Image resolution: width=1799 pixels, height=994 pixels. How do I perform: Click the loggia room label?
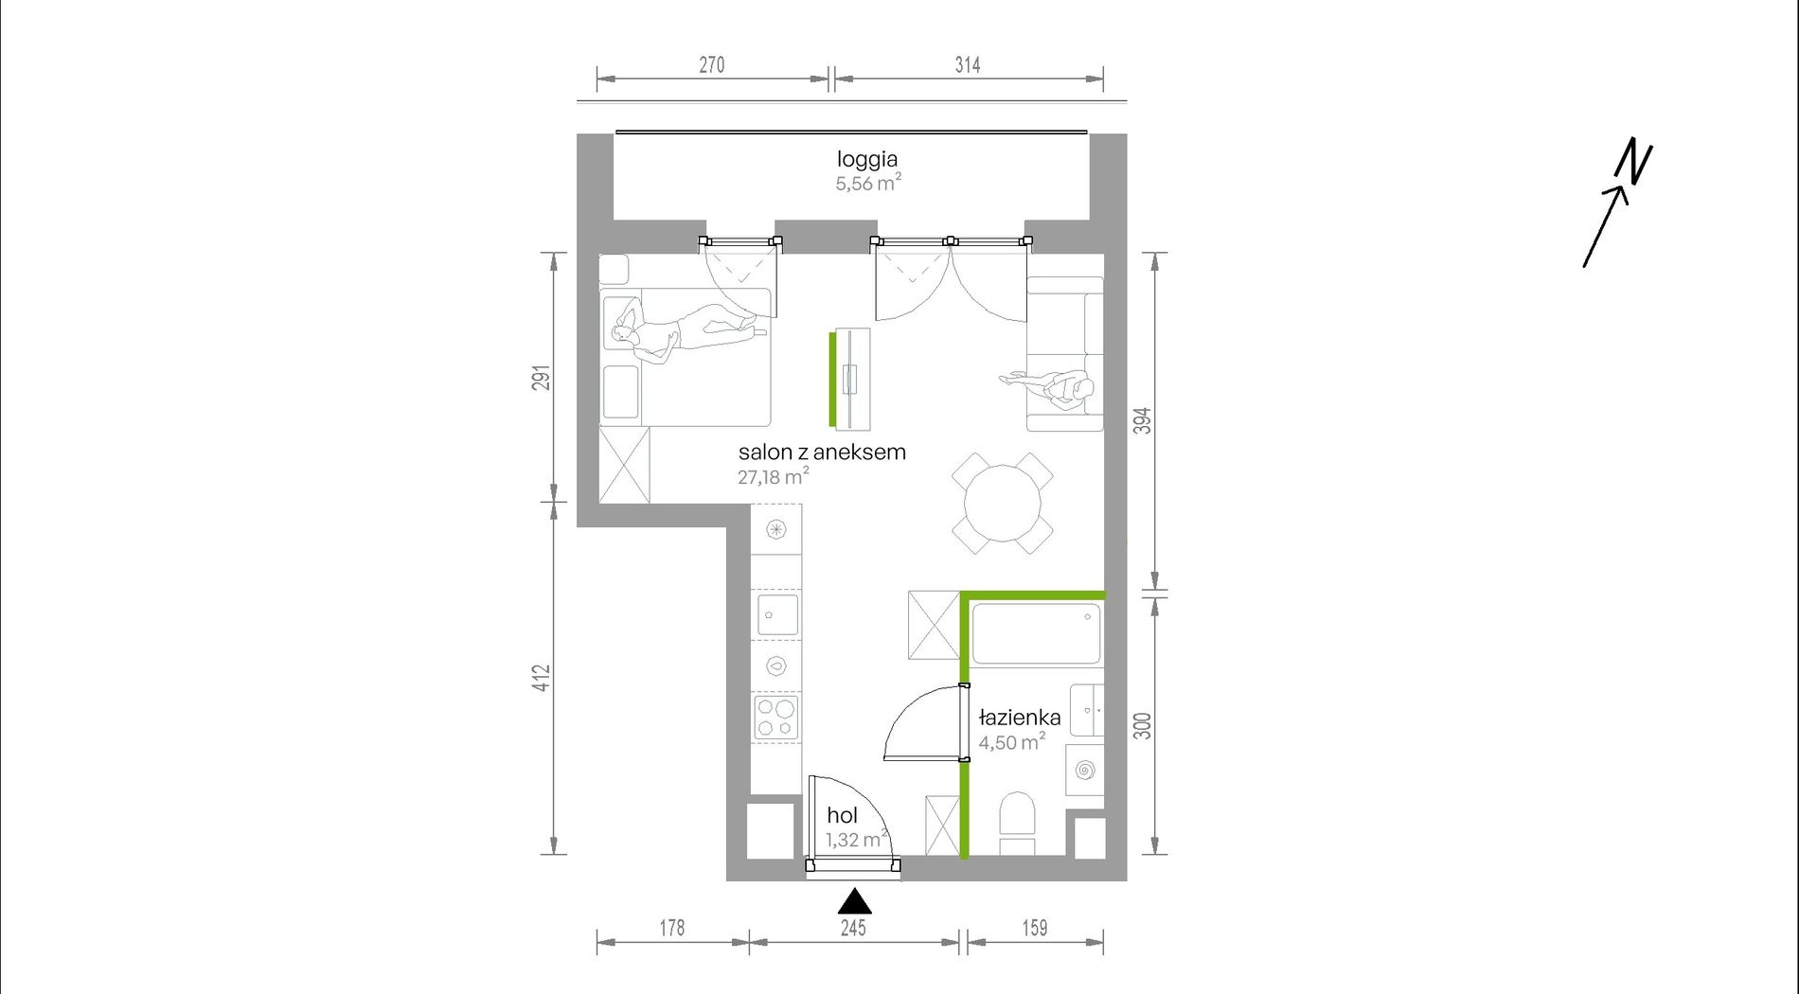click(x=866, y=159)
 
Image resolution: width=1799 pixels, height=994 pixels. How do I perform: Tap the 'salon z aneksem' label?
click(x=822, y=453)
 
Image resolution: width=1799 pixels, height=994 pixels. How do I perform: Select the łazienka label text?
click(x=1019, y=718)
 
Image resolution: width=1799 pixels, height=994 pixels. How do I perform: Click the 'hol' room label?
click(x=842, y=815)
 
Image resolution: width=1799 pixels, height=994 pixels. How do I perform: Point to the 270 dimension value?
click(x=712, y=64)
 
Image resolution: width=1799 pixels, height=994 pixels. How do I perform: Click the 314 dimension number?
click(x=968, y=64)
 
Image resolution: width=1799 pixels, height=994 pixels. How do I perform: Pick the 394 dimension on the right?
click(x=1143, y=420)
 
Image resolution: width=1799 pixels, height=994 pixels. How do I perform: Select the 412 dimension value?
click(x=541, y=678)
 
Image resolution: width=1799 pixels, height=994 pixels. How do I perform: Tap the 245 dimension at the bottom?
click(x=853, y=928)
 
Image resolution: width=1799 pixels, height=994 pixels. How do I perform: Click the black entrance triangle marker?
click(x=854, y=901)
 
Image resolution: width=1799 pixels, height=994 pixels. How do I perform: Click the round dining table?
click(x=1003, y=503)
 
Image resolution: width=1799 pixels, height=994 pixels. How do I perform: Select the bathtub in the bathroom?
click(x=1036, y=633)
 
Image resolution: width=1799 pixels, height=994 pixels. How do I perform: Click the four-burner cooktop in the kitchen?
click(x=775, y=717)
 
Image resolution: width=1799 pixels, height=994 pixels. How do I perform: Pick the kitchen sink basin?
click(x=777, y=615)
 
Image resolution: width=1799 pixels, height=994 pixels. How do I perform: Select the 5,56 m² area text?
click(x=868, y=183)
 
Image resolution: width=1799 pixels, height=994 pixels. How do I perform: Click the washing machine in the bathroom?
click(x=1085, y=771)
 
